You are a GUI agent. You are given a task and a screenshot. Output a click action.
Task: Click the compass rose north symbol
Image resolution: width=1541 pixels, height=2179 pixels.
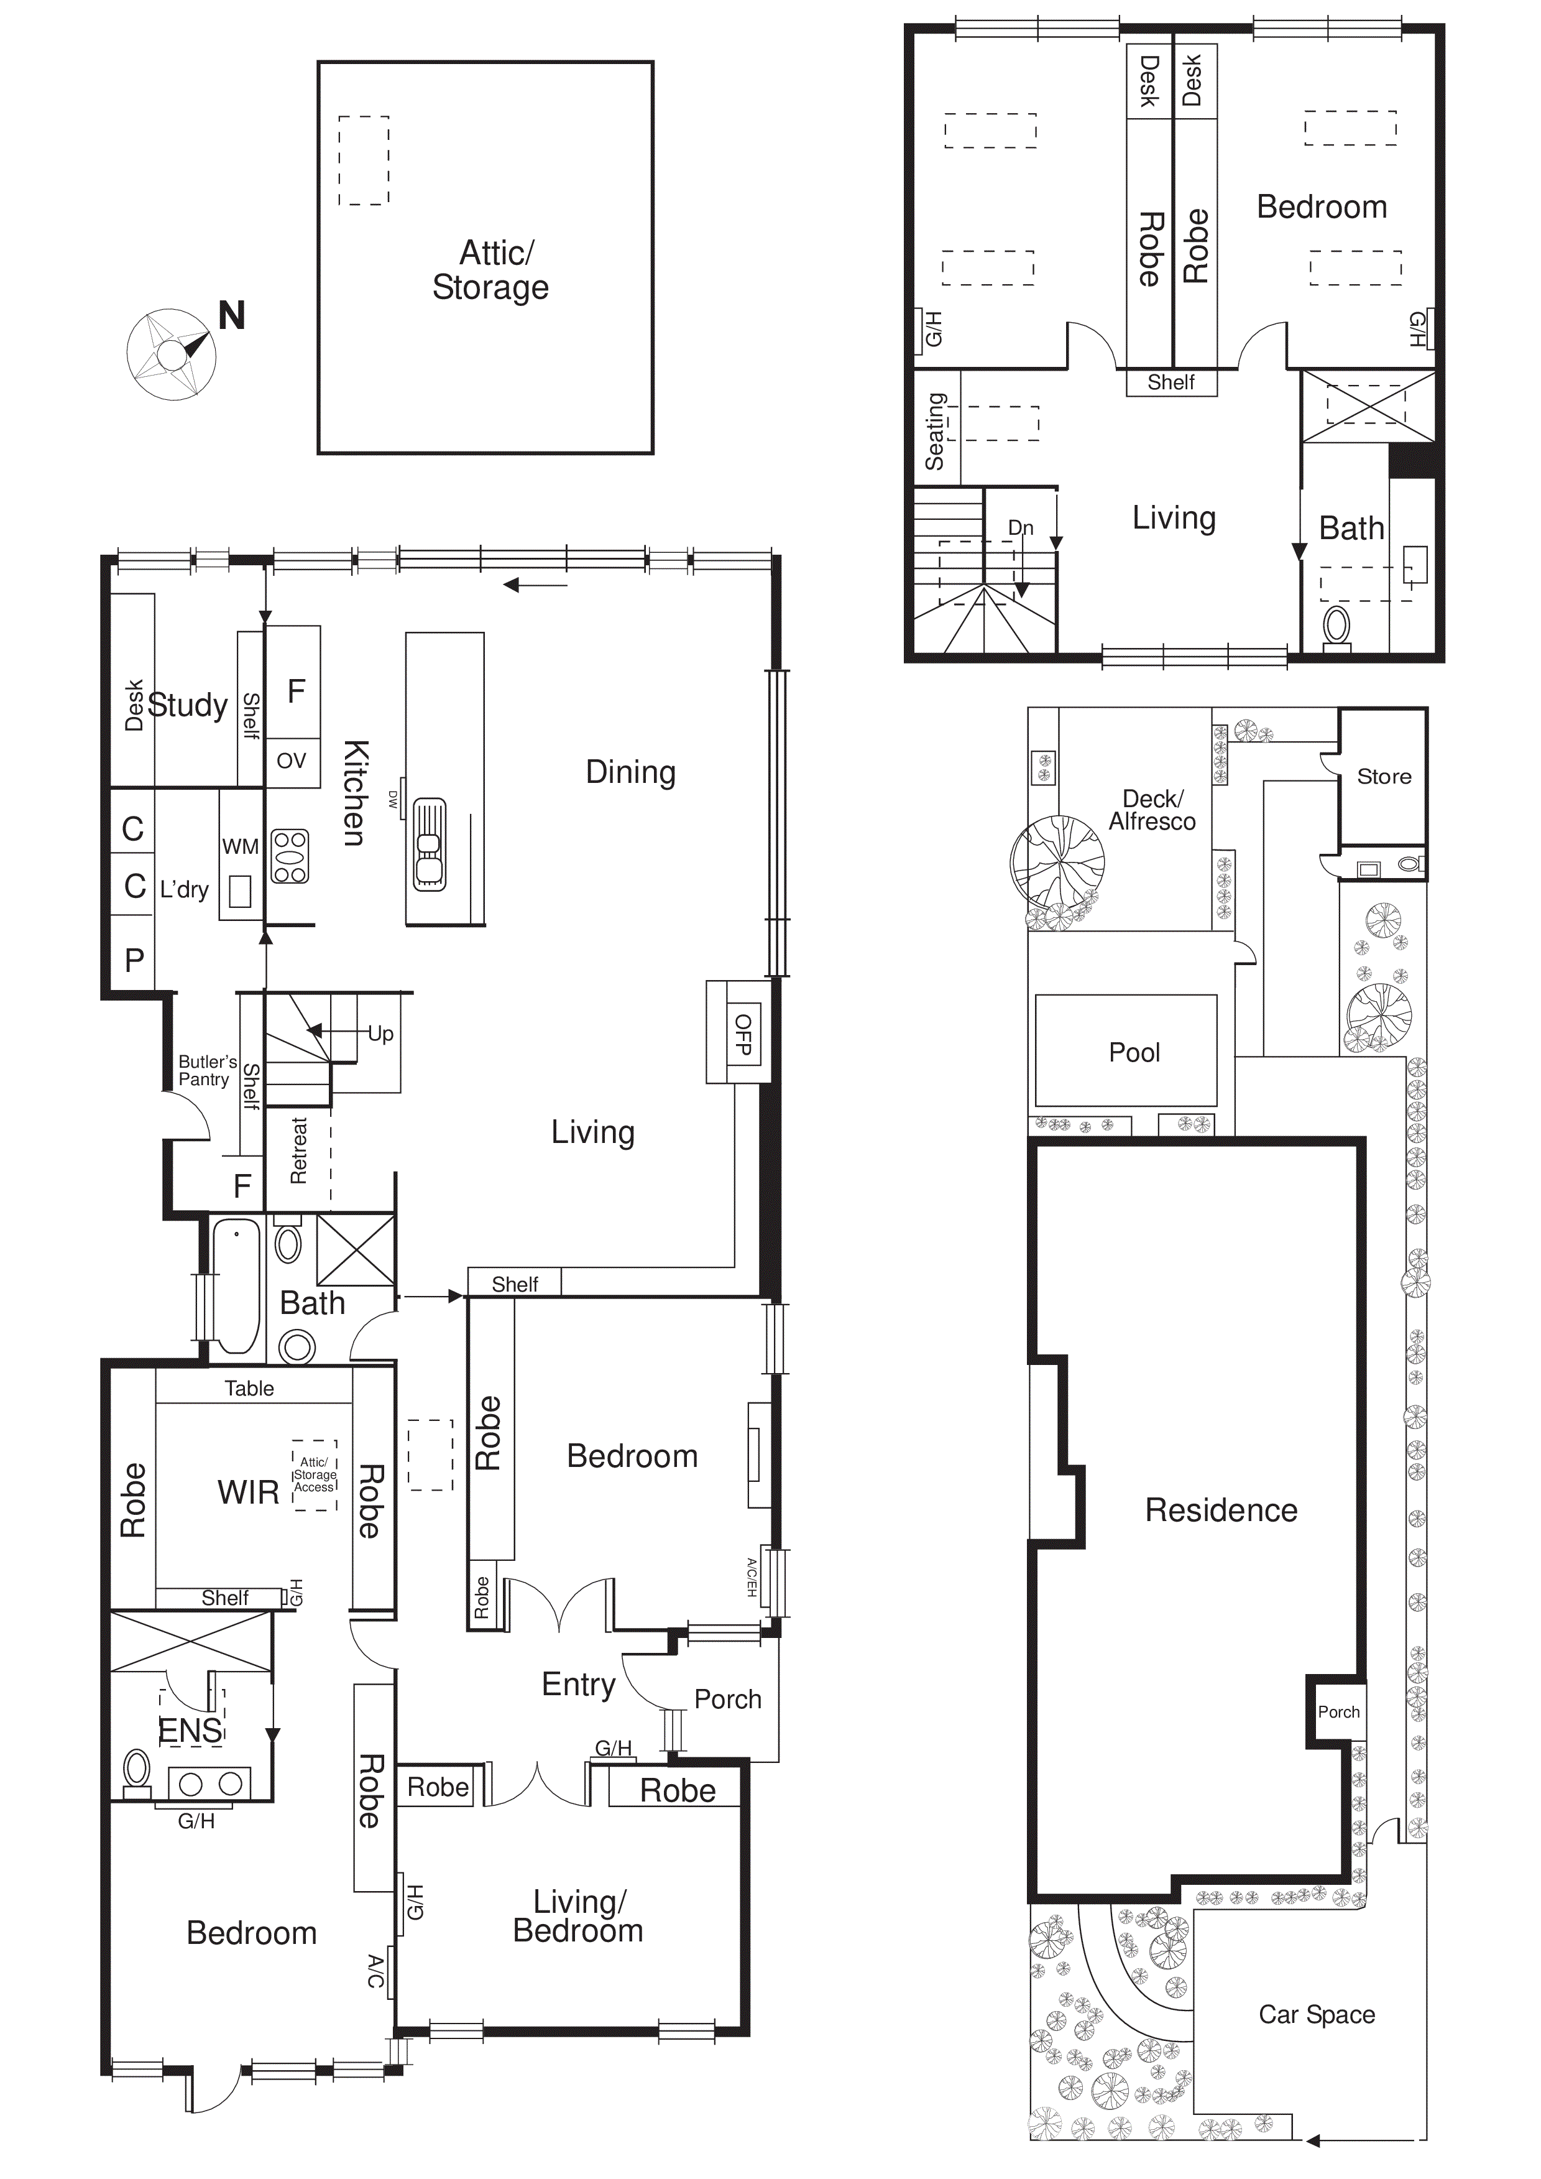click(x=172, y=354)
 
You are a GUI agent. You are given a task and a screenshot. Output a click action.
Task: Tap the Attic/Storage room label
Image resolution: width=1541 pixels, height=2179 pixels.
click(x=490, y=271)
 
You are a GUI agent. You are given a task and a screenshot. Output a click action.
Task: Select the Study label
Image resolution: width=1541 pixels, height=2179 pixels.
click(x=188, y=705)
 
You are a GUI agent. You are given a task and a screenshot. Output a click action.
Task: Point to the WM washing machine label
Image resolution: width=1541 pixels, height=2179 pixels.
click(x=240, y=846)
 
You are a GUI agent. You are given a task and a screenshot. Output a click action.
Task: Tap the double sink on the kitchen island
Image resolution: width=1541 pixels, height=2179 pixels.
click(x=429, y=844)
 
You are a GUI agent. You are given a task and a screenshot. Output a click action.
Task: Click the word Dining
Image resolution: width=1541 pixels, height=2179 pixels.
click(x=631, y=772)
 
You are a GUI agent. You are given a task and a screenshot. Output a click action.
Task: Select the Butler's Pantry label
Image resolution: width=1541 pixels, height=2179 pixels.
click(x=207, y=1070)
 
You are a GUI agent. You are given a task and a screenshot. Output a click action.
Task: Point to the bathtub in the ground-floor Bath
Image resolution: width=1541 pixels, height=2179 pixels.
click(x=236, y=1286)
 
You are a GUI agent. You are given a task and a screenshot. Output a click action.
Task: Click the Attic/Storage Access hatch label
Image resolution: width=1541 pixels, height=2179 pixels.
click(x=314, y=1475)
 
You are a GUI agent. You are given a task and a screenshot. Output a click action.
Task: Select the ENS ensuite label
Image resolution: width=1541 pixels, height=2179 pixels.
click(x=191, y=1731)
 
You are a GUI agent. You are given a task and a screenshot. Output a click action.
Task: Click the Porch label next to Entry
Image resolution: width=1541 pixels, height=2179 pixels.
click(x=728, y=1699)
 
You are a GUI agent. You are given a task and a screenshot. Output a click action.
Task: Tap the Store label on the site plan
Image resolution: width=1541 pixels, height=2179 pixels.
click(x=1384, y=776)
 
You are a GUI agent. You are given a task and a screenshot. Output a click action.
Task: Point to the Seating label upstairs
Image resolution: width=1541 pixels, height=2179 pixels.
click(x=936, y=431)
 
